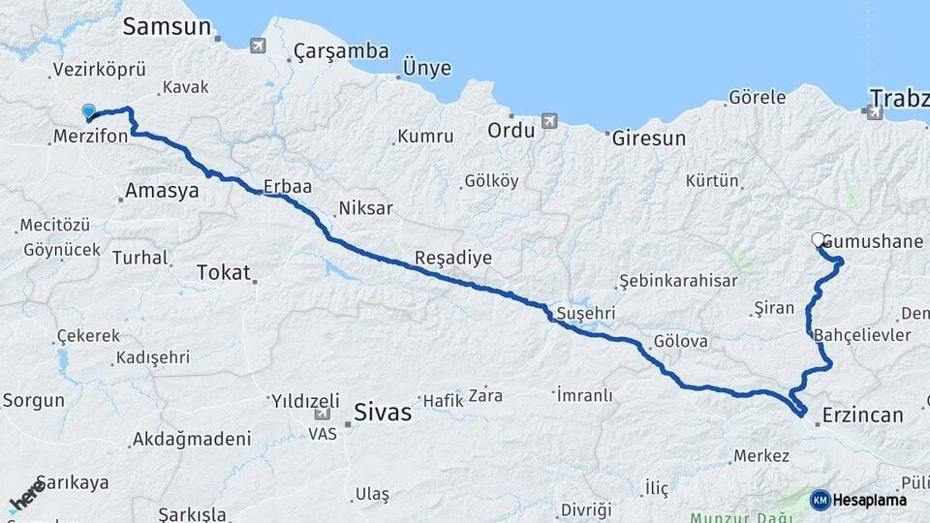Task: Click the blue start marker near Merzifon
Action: (x=89, y=112)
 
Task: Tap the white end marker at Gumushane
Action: (x=818, y=240)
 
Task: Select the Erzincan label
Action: (x=862, y=415)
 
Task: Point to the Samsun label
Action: (x=167, y=27)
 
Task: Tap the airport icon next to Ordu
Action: (x=550, y=121)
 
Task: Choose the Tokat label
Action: (x=223, y=272)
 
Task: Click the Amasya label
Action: (x=162, y=191)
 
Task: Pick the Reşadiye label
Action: (x=453, y=259)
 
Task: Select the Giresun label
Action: (x=648, y=138)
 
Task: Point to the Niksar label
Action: (x=365, y=208)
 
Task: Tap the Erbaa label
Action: (x=287, y=187)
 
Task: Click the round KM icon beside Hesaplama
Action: (x=820, y=500)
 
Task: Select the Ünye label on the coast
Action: (x=426, y=68)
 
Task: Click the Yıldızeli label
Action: (x=305, y=401)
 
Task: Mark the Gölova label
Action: (x=681, y=342)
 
